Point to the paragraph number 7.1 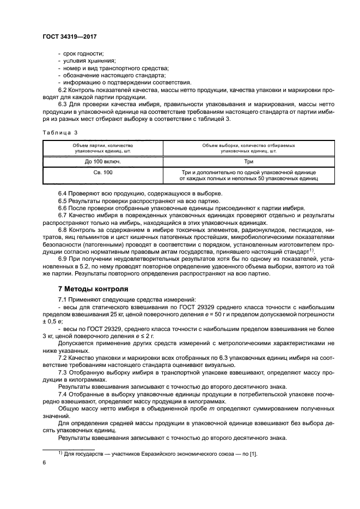(x=64, y=300)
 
